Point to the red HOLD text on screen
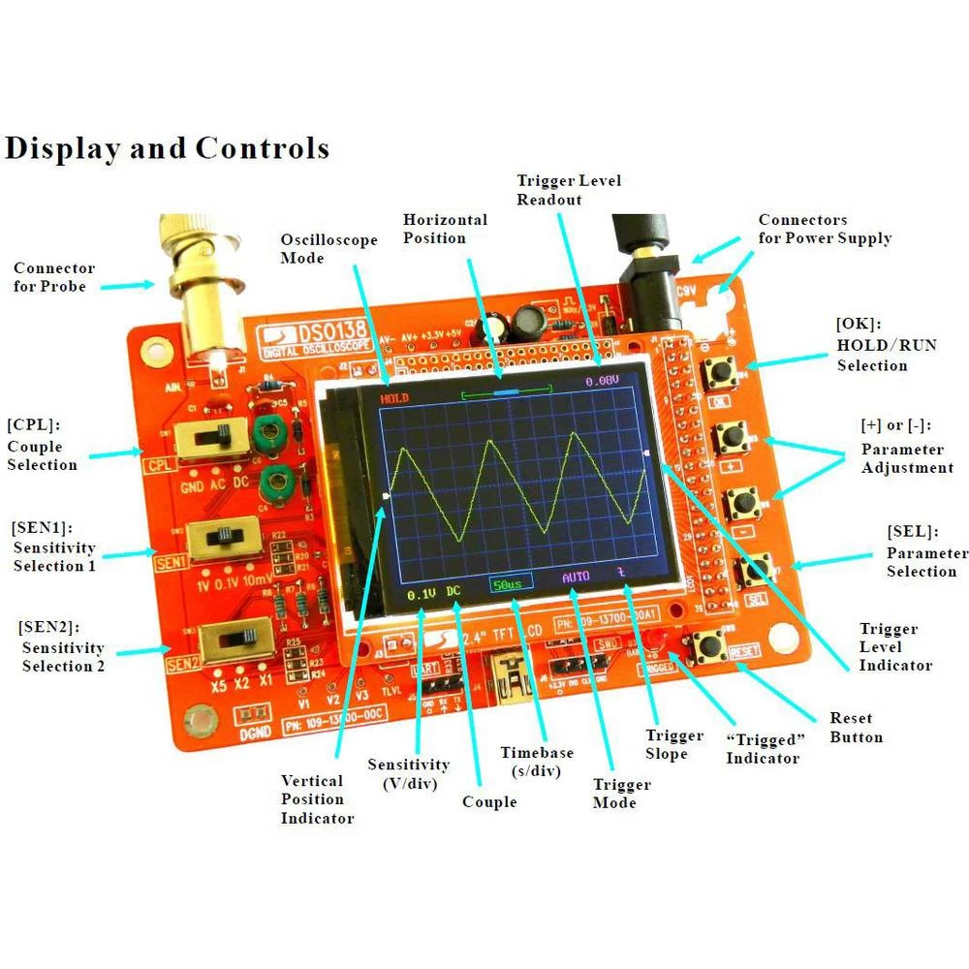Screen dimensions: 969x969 394,398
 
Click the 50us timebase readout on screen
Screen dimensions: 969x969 506,584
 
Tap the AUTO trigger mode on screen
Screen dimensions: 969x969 576,577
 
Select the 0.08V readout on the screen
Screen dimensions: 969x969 602,382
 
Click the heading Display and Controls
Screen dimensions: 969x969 167,148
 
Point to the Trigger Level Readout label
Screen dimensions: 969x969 569,190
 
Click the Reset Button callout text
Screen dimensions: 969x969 856,728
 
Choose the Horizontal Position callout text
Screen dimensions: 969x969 445,229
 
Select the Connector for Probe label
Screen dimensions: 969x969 54,277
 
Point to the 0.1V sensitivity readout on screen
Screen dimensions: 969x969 422,593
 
